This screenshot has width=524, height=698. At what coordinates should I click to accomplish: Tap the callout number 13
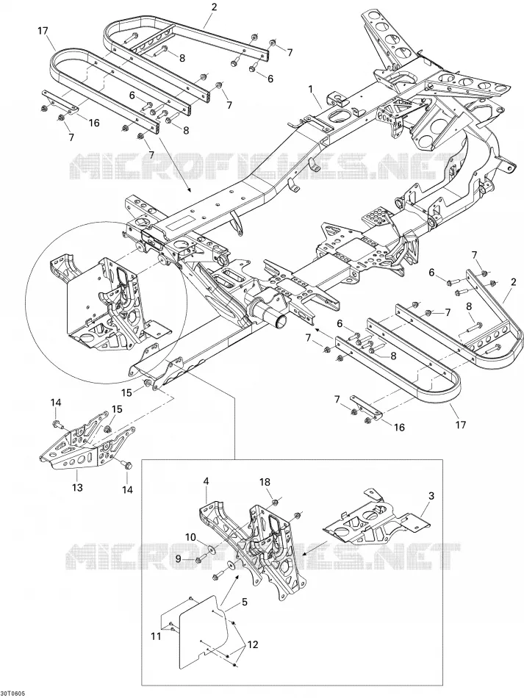tap(77, 488)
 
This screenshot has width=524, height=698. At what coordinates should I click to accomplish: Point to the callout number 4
tap(206, 481)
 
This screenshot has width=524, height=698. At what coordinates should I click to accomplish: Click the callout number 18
tap(265, 482)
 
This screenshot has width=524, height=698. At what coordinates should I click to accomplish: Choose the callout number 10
tap(190, 537)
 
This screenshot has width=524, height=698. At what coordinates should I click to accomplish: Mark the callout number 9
tap(178, 558)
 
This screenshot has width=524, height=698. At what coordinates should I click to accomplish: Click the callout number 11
tap(156, 637)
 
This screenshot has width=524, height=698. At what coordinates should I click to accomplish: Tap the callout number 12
tap(253, 644)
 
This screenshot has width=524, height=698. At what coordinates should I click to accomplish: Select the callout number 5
tap(245, 602)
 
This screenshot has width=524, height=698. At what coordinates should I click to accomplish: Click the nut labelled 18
tap(275, 503)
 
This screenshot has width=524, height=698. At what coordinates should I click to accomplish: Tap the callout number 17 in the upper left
tap(43, 31)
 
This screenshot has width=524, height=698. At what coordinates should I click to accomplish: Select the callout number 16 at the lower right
tap(399, 428)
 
